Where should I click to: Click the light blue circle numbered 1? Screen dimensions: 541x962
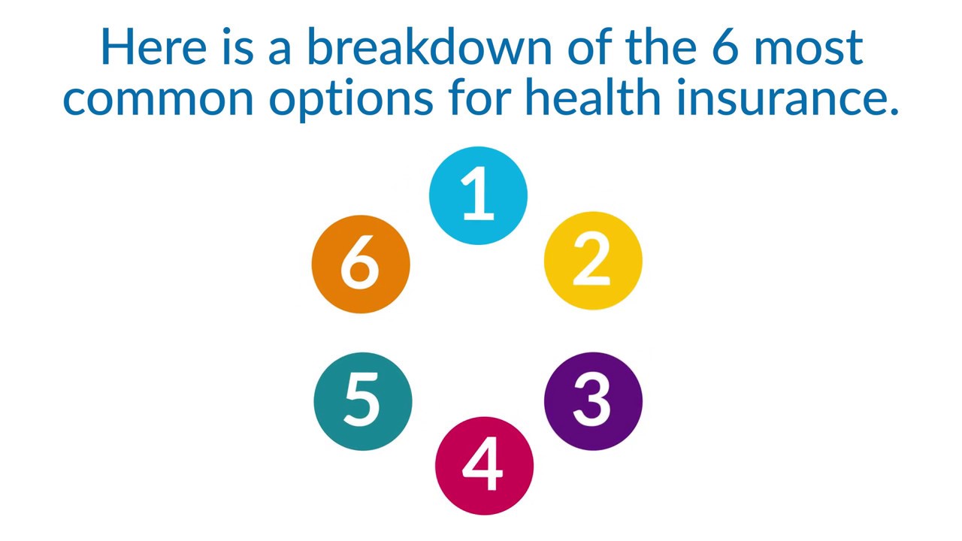(478, 195)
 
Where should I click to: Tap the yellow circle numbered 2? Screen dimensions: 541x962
(593, 261)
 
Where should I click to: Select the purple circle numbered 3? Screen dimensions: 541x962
(593, 401)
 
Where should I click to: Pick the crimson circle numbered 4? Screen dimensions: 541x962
(484, 466)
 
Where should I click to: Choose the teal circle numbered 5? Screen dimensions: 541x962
(362, 401)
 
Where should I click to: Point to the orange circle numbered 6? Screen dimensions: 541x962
(361, 264)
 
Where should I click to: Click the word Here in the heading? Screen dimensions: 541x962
(152, 47)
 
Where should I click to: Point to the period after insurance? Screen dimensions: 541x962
(893, 112)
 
